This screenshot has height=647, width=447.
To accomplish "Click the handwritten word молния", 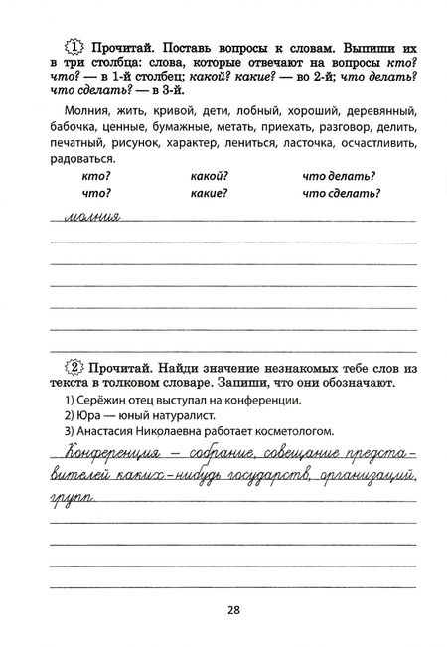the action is [x=90, y=216].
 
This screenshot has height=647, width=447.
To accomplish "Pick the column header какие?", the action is [x=209, y=193].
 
